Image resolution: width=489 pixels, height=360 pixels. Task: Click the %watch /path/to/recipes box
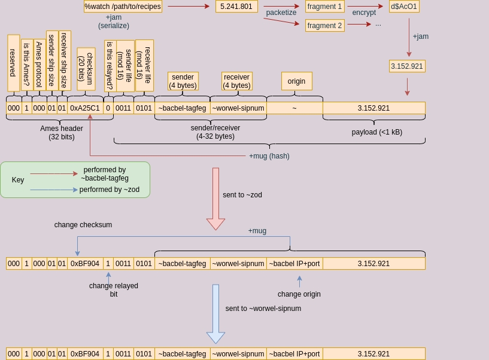tap(123, 7)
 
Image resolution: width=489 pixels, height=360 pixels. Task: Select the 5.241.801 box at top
tap(236, 7)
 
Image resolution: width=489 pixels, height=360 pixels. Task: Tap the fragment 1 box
tap(324, 7)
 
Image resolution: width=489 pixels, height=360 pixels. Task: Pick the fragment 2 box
tap(324, 25)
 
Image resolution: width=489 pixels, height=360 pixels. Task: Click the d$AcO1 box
tap(404, 7)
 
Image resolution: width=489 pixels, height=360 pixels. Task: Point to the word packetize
tap(281, 13)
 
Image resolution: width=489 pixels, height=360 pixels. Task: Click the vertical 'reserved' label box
tap(13, 63)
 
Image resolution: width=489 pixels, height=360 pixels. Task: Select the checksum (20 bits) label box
tap(86, 69)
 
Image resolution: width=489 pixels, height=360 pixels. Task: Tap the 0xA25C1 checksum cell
tap(85, 108)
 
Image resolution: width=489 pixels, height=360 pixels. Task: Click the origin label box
tap(296, 81)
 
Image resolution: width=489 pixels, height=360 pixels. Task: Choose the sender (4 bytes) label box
tap(183, 81)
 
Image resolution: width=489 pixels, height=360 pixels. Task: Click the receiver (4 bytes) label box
tap(236, 81)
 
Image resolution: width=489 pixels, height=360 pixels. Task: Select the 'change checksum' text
tap(83, 225)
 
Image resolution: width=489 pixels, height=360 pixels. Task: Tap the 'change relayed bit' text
tap(114, 290)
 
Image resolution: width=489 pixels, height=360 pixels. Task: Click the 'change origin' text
tap(299, 294)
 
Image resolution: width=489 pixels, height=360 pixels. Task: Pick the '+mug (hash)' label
tap(269, 156)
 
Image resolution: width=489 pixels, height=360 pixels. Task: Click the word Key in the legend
tap(18, 180)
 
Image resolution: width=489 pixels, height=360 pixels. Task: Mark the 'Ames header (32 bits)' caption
tap(62, 133)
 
